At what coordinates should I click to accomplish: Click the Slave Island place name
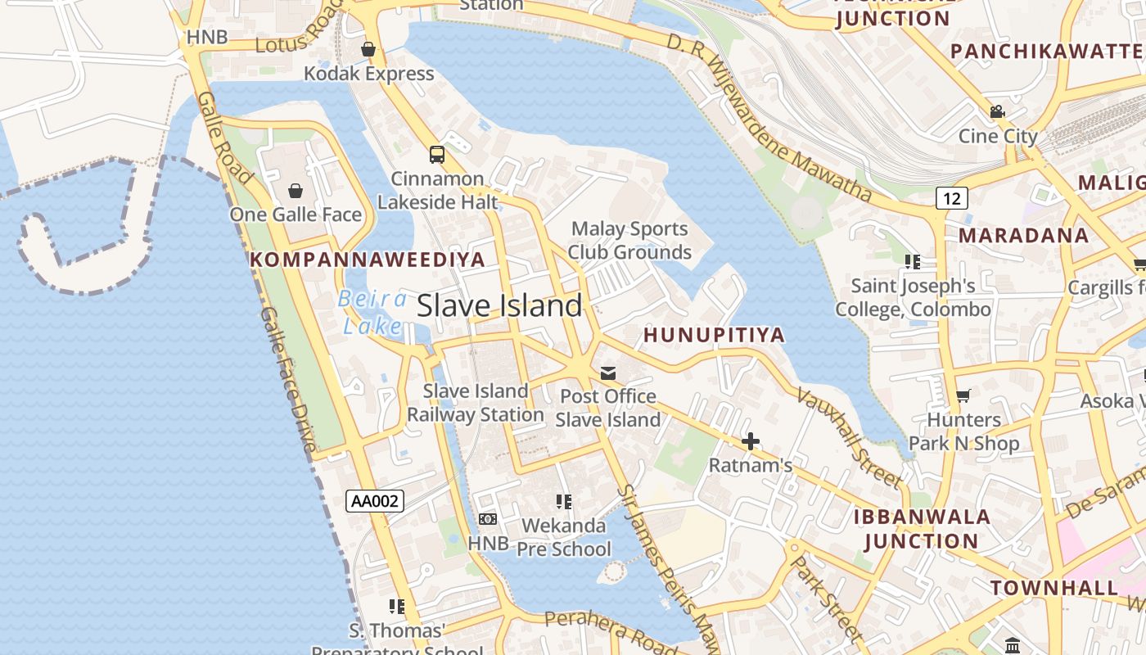[x=499, y=305]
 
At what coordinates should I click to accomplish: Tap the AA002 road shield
[x=375, y=500]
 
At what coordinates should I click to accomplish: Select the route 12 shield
[x=951, y=197]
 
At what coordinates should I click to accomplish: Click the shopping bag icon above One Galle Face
[x=296, y=191]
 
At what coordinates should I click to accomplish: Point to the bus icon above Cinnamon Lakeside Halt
[x=437, y=154]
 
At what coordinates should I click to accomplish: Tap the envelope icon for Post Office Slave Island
[x=607, y=373]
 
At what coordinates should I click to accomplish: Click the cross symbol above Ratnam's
[x=750, y=442]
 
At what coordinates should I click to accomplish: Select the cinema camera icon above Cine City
[x=997, y=112]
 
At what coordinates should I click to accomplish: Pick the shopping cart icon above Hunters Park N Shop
[x=963, y=396]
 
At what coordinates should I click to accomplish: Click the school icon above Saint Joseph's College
[x=913, y=262]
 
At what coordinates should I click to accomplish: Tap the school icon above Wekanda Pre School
[x=564, y=501]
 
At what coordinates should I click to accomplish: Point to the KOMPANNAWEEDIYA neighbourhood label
[x=368, y=260]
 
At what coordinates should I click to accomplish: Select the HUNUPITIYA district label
[x=714, y=334]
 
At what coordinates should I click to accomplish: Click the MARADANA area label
[x=1023, y=235]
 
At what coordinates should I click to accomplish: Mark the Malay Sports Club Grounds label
[x=629, y=240]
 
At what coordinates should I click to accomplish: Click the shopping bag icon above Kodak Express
[x=368, y=49]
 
